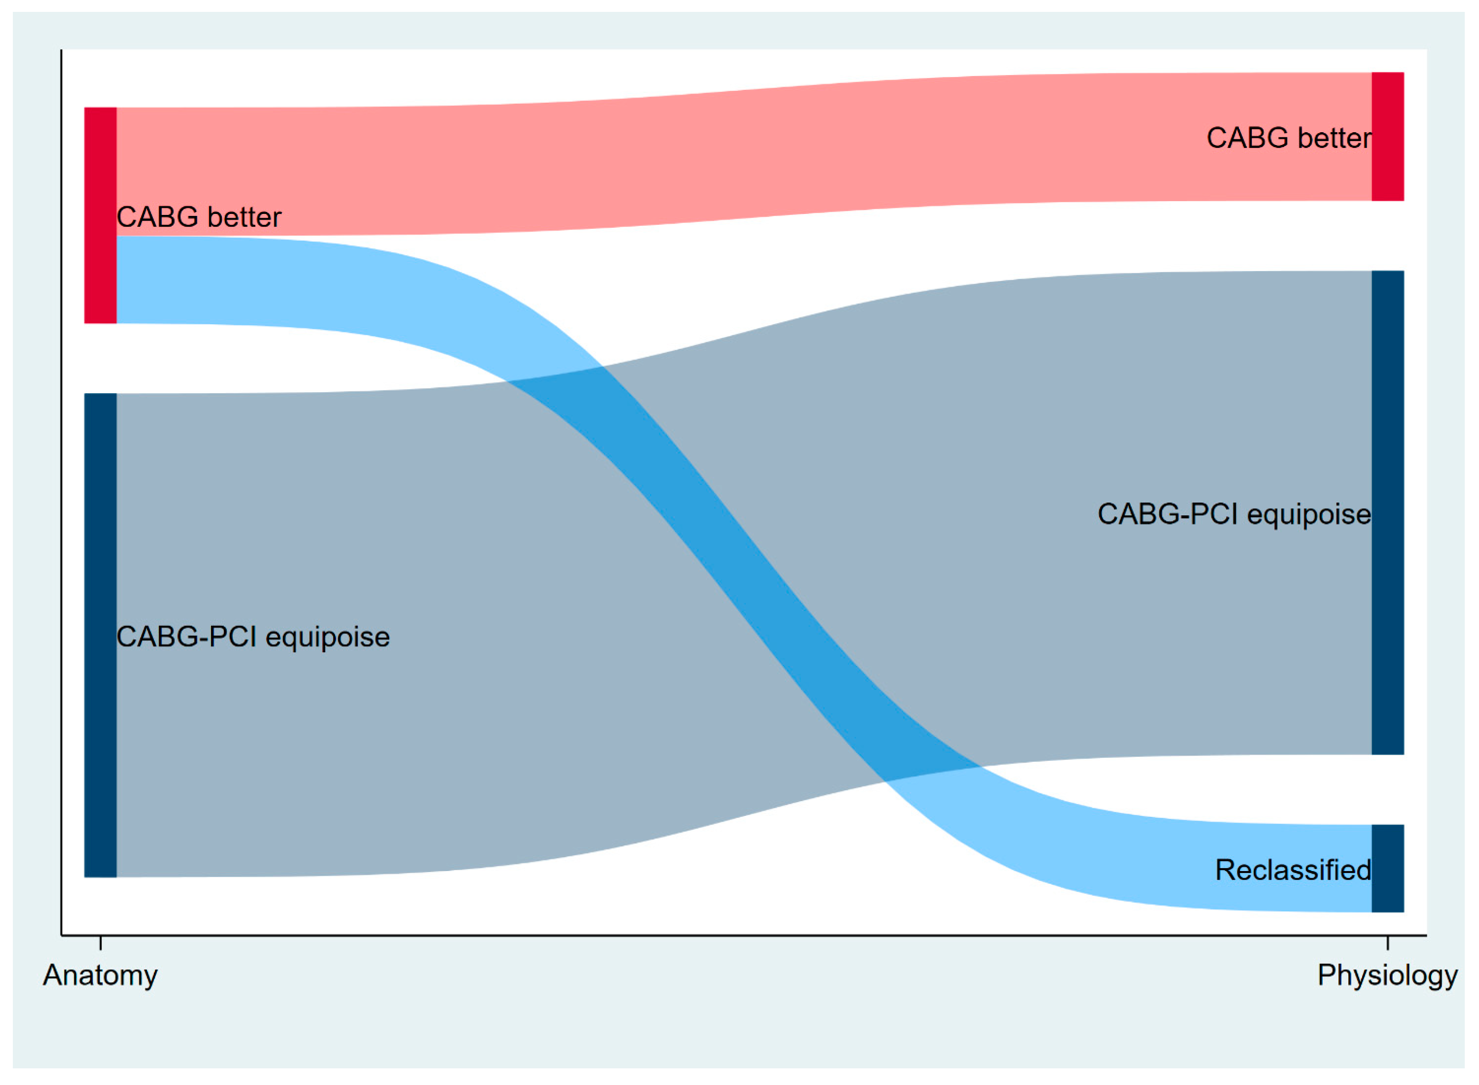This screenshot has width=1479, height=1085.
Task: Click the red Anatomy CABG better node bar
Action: click(100, 215)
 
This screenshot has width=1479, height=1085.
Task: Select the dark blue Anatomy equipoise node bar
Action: click(100, 636)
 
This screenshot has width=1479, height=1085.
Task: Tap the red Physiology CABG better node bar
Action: click(1388, 136)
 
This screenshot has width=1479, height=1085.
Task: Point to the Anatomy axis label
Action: click(100, 975)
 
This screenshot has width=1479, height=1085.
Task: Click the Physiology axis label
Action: click(1387, 975)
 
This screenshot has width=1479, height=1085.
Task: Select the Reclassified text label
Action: click(1293, 870)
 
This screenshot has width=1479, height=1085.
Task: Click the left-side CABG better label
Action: click(199, 217)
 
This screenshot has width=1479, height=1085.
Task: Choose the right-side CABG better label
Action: click(1288, 138)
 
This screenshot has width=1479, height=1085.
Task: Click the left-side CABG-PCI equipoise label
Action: click(253, 637)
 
